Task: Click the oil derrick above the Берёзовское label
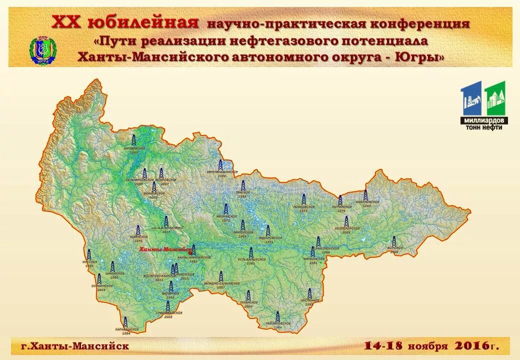pos(133,140)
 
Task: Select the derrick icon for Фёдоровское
pos(268,231)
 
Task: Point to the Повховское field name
pos(303,208)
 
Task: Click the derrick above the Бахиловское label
pos(365,195)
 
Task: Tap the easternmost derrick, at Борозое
pos(394,241)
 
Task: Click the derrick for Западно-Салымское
pos(221,276)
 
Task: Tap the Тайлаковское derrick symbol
pos(278,316)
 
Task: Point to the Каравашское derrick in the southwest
pos(125,321)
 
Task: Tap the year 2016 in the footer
pos(472,345)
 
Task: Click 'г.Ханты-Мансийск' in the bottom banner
pos(75,346)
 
